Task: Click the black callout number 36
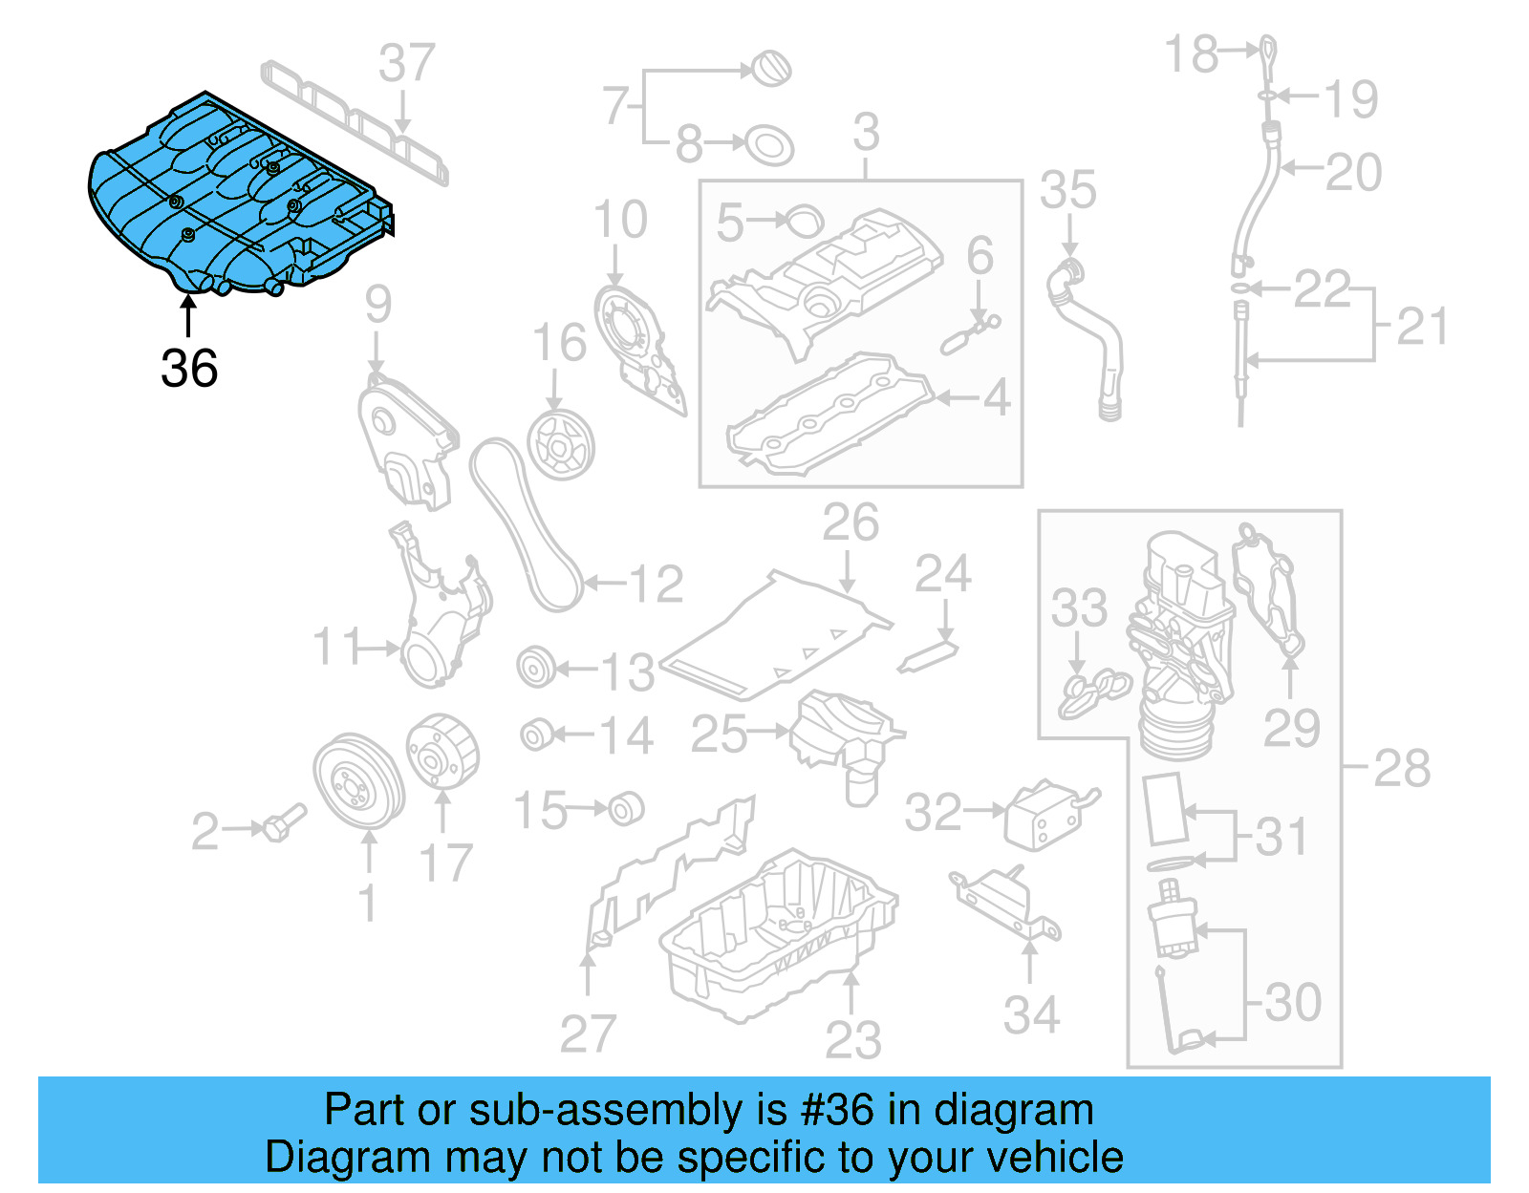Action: [x=189, y=369]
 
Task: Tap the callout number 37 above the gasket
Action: [x=407, y=64]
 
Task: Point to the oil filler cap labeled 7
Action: [x=772, y=69]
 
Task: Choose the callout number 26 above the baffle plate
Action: [x=851, y=523]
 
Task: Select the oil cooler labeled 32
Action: [x=1046, y=813]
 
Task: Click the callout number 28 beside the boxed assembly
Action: [x=1402, y=768]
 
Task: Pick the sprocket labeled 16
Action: [x=561, y=445]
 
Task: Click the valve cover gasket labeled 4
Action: [x=827, y=415]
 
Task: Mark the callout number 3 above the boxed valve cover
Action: [x=866, y=132]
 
